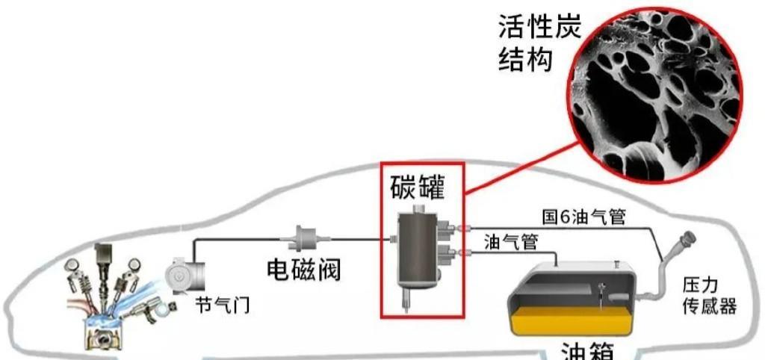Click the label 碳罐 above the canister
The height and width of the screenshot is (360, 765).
(x=418, y=186)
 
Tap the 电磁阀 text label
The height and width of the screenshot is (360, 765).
(x=303, y=268)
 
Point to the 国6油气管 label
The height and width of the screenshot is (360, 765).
(x=583, y=217)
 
